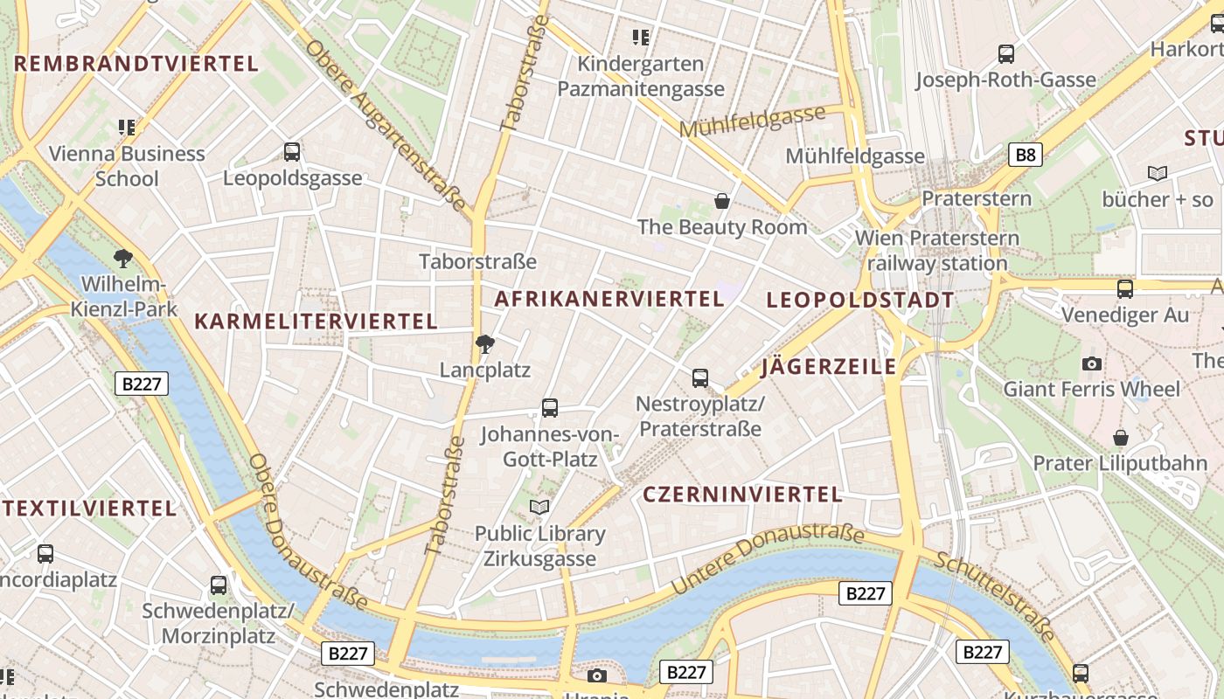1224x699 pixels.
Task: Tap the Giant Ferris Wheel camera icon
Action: [1091, 363]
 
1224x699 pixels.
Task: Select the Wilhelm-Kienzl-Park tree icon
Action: [123, 258]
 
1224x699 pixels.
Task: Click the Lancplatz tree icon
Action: [485, 344]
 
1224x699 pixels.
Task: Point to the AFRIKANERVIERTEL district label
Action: [609, 299]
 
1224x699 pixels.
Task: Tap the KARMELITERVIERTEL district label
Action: [316, 322]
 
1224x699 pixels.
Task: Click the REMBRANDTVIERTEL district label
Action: [136, 64]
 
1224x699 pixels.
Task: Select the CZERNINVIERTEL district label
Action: [742, 495]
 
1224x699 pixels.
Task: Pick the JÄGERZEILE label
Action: [829, 366]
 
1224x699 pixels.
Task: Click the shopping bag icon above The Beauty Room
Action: [722, 202]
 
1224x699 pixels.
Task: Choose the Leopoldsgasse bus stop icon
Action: [292, 152]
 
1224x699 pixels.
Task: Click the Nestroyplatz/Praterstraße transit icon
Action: [699, 378]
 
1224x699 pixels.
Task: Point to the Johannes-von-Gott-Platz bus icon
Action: [549, 407]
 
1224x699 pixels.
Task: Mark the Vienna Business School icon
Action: [127, 128]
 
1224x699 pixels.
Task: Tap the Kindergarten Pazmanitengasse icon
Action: [641, 38]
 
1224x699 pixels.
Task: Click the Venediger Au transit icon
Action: [1124, 288]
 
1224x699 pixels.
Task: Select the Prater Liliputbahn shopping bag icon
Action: [1120, 437]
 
